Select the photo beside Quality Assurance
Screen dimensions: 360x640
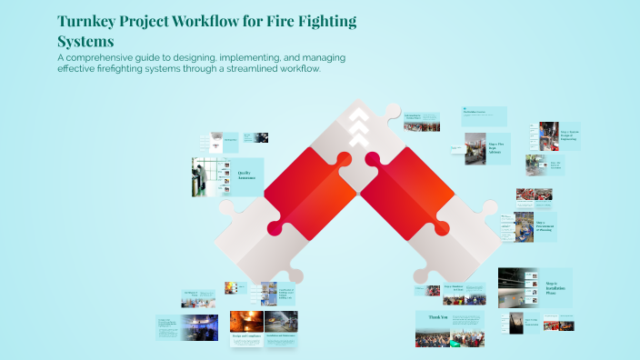point(210,176)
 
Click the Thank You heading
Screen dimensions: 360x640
point(427,317)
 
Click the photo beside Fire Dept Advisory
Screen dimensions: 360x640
point(475,148)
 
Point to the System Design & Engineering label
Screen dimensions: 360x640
point(570,135)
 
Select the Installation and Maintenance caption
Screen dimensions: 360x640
point(281,337)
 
